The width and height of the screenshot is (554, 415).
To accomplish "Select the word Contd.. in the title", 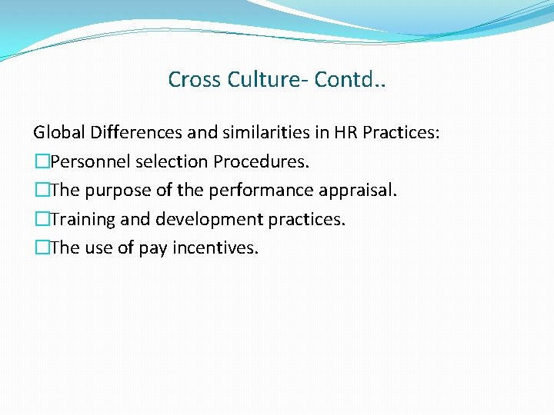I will click(x=351, y=80).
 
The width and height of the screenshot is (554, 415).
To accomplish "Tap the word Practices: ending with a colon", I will click(x=402, y=133).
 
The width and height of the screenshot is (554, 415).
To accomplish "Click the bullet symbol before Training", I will click(x=41, y=220).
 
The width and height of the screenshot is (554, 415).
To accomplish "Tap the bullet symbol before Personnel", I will click(x=41, y=162).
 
